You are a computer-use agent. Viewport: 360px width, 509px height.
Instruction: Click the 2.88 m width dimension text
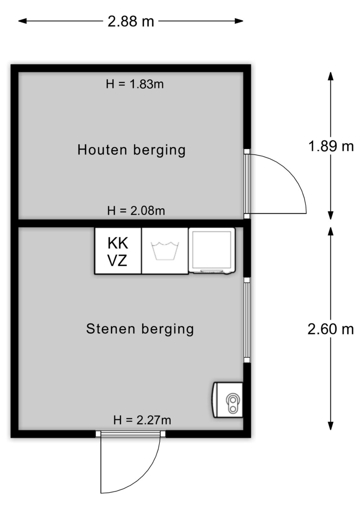[131, 22]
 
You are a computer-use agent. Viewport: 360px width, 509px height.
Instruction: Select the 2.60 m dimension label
[331, 329]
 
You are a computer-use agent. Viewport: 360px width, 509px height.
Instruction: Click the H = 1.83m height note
[135, 84]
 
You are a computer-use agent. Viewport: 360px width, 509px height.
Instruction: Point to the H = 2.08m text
[136, 211]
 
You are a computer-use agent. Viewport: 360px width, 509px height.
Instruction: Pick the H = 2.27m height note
[142, 420]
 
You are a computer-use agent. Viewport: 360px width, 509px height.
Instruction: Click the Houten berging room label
[131, 150]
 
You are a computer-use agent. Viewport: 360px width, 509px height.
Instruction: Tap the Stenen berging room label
[140, 329]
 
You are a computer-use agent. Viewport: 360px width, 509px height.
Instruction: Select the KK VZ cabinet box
[118, 251]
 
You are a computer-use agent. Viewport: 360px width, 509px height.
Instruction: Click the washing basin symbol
[165, 251]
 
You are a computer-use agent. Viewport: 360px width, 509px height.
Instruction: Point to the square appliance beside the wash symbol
[212, 251]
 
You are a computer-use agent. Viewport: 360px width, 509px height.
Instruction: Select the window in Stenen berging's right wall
[247, 320]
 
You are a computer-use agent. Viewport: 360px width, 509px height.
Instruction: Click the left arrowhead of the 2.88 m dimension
[22, 21]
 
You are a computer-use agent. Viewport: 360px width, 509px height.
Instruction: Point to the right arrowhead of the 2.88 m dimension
[239, 21]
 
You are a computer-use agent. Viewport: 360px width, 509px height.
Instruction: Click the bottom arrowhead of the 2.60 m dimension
[330, 426]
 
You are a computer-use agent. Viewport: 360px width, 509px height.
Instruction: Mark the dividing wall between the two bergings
[131, 223]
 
